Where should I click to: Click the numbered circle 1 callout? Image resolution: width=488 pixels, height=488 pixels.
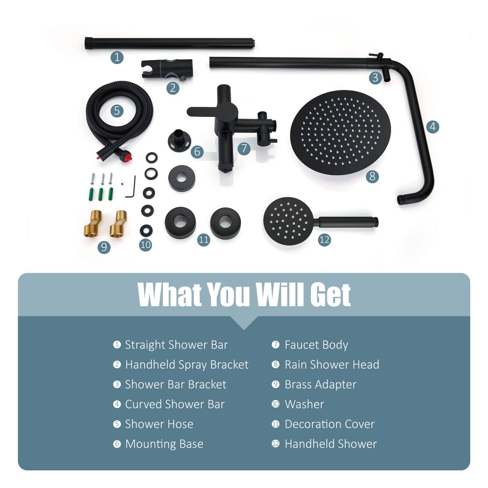point(117,57)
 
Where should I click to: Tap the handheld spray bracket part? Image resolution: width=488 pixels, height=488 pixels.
point(167,69)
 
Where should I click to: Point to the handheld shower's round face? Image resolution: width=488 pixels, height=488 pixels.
point(287,221)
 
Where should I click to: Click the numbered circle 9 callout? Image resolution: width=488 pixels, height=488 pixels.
point(104,246)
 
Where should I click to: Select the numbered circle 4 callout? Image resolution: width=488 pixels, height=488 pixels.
point(432,126)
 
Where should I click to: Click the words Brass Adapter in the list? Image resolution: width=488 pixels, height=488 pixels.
point(320,384)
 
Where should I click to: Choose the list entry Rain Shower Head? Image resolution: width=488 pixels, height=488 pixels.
point(332,364)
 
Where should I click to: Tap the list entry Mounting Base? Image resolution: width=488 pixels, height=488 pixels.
point(164,444)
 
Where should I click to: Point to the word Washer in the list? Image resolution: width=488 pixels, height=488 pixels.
point(304,404)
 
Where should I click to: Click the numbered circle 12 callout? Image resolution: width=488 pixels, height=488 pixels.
point(324,240)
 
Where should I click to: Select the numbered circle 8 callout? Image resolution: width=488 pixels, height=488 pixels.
point(372,176)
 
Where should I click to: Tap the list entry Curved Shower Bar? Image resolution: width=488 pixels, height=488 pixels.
point(175,404)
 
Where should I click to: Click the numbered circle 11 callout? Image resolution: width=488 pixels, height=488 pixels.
point(203,239)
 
